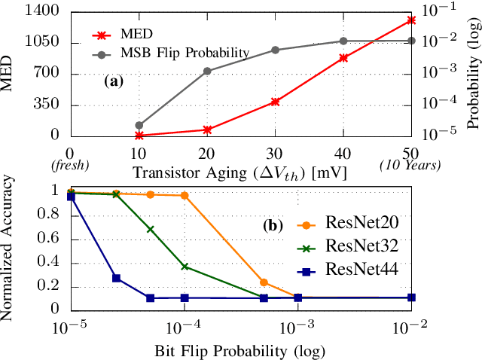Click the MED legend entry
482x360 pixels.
(136, 35)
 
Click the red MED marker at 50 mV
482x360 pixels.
(411, 20)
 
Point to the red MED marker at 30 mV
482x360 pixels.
(275, 101)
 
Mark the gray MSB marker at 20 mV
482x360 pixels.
(207, 72)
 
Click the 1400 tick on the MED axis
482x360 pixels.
(45, 11)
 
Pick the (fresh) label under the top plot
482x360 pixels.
(70, 165)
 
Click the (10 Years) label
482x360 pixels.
(411, 165)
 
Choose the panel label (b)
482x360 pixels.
(272, 224)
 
